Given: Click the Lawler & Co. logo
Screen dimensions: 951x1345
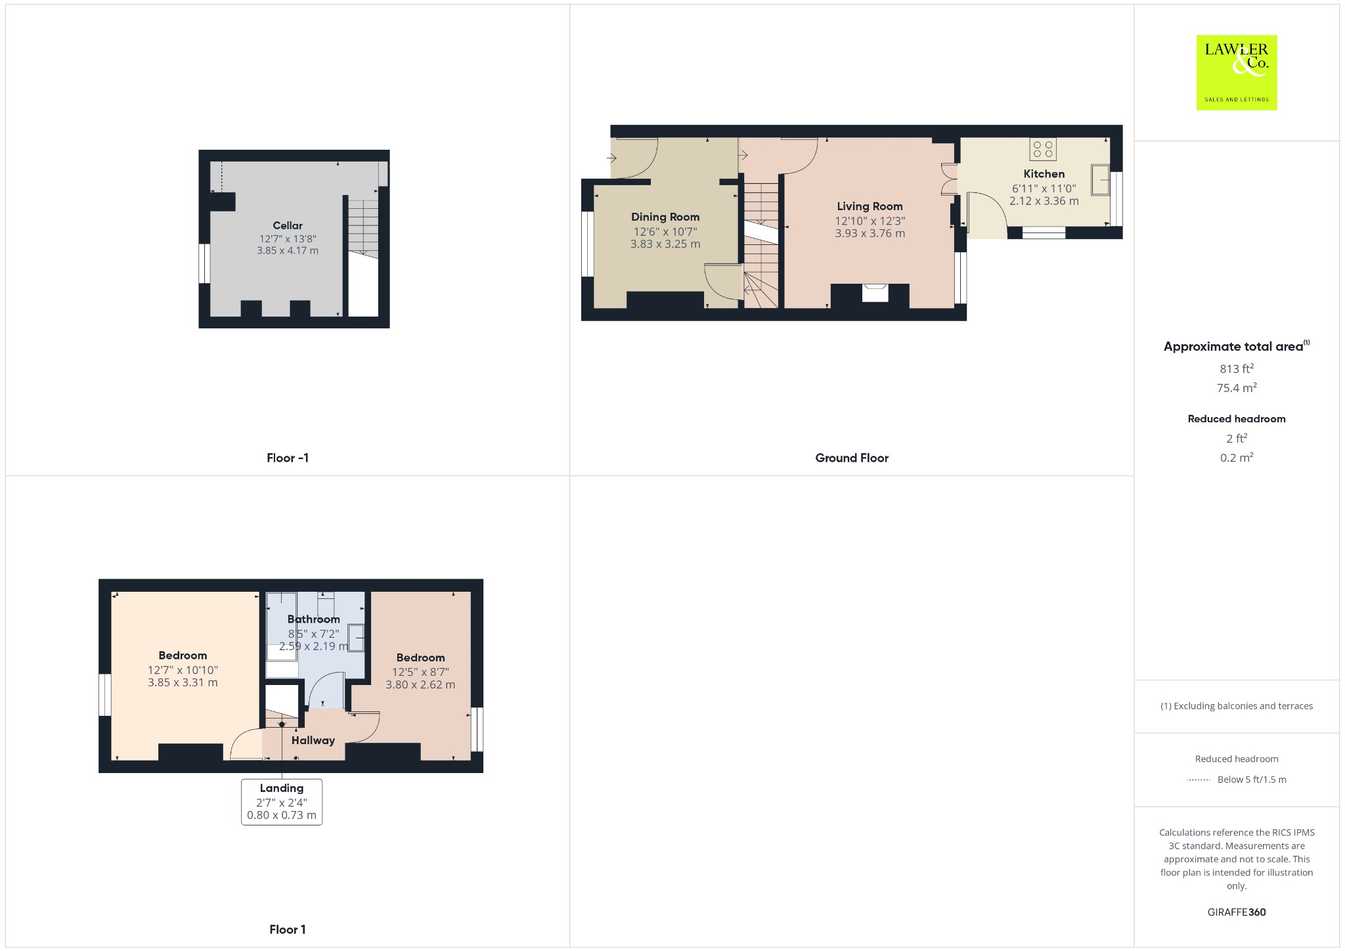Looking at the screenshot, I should pyautogui.click(x=1236, y=72).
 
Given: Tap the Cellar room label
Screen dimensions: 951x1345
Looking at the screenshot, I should pyautogui.click(x=288, y=225).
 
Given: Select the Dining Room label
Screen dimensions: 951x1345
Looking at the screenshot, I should pyautogui.click(x=665, y=217).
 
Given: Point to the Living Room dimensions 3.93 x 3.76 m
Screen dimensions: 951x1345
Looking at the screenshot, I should pyautogui.click(x=870, y=233).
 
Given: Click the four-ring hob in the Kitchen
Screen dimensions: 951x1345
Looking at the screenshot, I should pyautogui.click(x=1043, y=149).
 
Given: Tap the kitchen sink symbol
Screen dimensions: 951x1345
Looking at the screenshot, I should pyautogui.click(x=1101, y=179).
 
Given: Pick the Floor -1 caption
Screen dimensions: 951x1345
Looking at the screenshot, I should pyautogui.click(x=288, y=458).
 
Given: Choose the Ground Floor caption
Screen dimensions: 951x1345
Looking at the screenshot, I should pyautogui.click(x=852, y=458).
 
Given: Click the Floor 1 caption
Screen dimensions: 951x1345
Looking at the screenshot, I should pyautogui.click(x=288, y=929).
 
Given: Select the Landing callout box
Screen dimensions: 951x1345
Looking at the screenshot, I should pyautogui.click(x=282, y=801).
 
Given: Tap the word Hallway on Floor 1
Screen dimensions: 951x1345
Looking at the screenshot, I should pyautogui.click(x=313, y=740).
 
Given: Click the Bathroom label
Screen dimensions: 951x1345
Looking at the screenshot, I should pyautogui.click(x=314, y=619).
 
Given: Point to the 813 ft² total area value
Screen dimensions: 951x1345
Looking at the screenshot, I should pyautogui.click(x=1236, y=368).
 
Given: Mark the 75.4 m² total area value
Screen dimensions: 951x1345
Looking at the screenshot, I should pyautogui.click(x=1236, y=387).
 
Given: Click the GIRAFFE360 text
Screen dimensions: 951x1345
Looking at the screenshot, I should pyautogui.click(x=1236, y=912).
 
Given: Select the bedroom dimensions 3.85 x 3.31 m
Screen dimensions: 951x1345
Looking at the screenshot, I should pyautogui.click(x=183, y=682).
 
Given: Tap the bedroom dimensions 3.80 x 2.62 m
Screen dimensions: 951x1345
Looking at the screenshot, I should pyautogui.click(x=420, y=684).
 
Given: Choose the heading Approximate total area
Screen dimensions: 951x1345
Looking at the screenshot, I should pyautogui.click(x=1233, y=347).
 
